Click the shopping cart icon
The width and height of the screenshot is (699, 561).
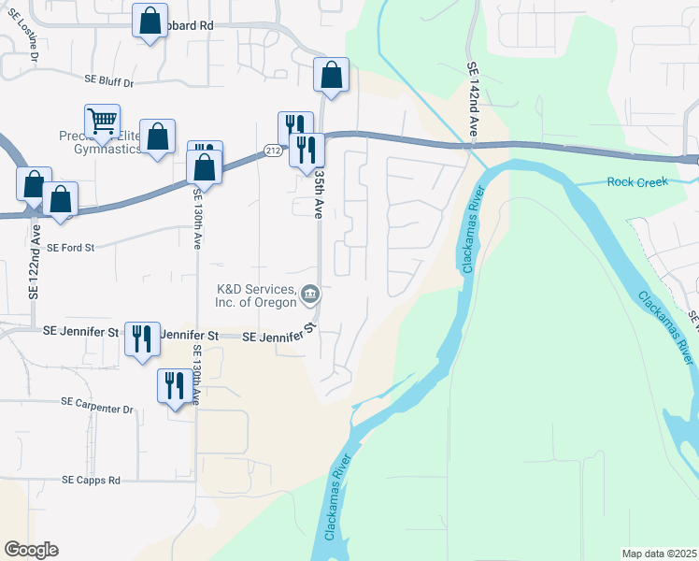pos(102,121)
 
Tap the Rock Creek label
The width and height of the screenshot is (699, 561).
pos(637,181)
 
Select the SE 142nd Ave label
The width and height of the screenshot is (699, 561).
pos(473,102)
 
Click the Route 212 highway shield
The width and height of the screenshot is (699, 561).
pos(272,151)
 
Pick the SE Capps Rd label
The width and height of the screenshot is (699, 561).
pos(92,481)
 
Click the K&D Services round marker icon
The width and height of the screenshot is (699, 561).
pos(311,296)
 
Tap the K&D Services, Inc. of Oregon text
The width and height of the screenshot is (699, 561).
pos(256,295)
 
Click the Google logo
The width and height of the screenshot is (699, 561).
pos(31,550)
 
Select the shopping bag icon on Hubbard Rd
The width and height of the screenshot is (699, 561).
pos(150,21)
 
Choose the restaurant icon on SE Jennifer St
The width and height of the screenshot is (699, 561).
pos(142,338)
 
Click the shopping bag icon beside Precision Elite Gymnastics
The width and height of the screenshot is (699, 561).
pos(158,136)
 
